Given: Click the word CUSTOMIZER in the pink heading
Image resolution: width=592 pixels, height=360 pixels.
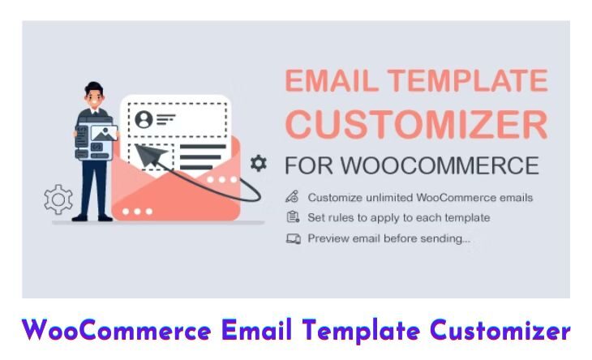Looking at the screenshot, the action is (x=417, y=125).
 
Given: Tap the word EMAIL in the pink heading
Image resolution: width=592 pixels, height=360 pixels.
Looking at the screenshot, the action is (x=332, y=81).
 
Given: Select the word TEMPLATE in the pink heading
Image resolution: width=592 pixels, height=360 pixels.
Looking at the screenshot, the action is (x=468, y=81).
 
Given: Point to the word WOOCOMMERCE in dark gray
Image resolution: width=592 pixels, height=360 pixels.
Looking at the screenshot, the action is (x=440, y=165).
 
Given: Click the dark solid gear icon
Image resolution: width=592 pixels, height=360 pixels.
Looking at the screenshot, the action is (x=259, y=164).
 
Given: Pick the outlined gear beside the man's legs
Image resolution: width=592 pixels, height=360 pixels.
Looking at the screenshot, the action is (x=58, y=199).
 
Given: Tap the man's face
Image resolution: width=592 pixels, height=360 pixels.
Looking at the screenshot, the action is (x=94, y=98).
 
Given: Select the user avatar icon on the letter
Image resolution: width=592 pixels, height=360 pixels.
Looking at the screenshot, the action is (x=144, y=119).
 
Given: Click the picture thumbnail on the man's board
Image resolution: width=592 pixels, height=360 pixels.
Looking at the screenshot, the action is (x=104, y=133).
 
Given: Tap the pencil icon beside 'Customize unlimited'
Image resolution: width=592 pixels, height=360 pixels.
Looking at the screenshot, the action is (x=292, y=197).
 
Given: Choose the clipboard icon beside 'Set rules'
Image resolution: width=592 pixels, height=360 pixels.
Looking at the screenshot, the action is (x=293, y=217).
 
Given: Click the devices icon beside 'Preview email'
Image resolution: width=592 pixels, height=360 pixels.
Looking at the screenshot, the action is (x=294, y=238).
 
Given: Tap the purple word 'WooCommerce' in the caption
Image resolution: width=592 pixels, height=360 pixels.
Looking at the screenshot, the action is (x=116, y=331).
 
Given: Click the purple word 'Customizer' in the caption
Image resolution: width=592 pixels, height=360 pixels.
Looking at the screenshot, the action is (x=500, y=331).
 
